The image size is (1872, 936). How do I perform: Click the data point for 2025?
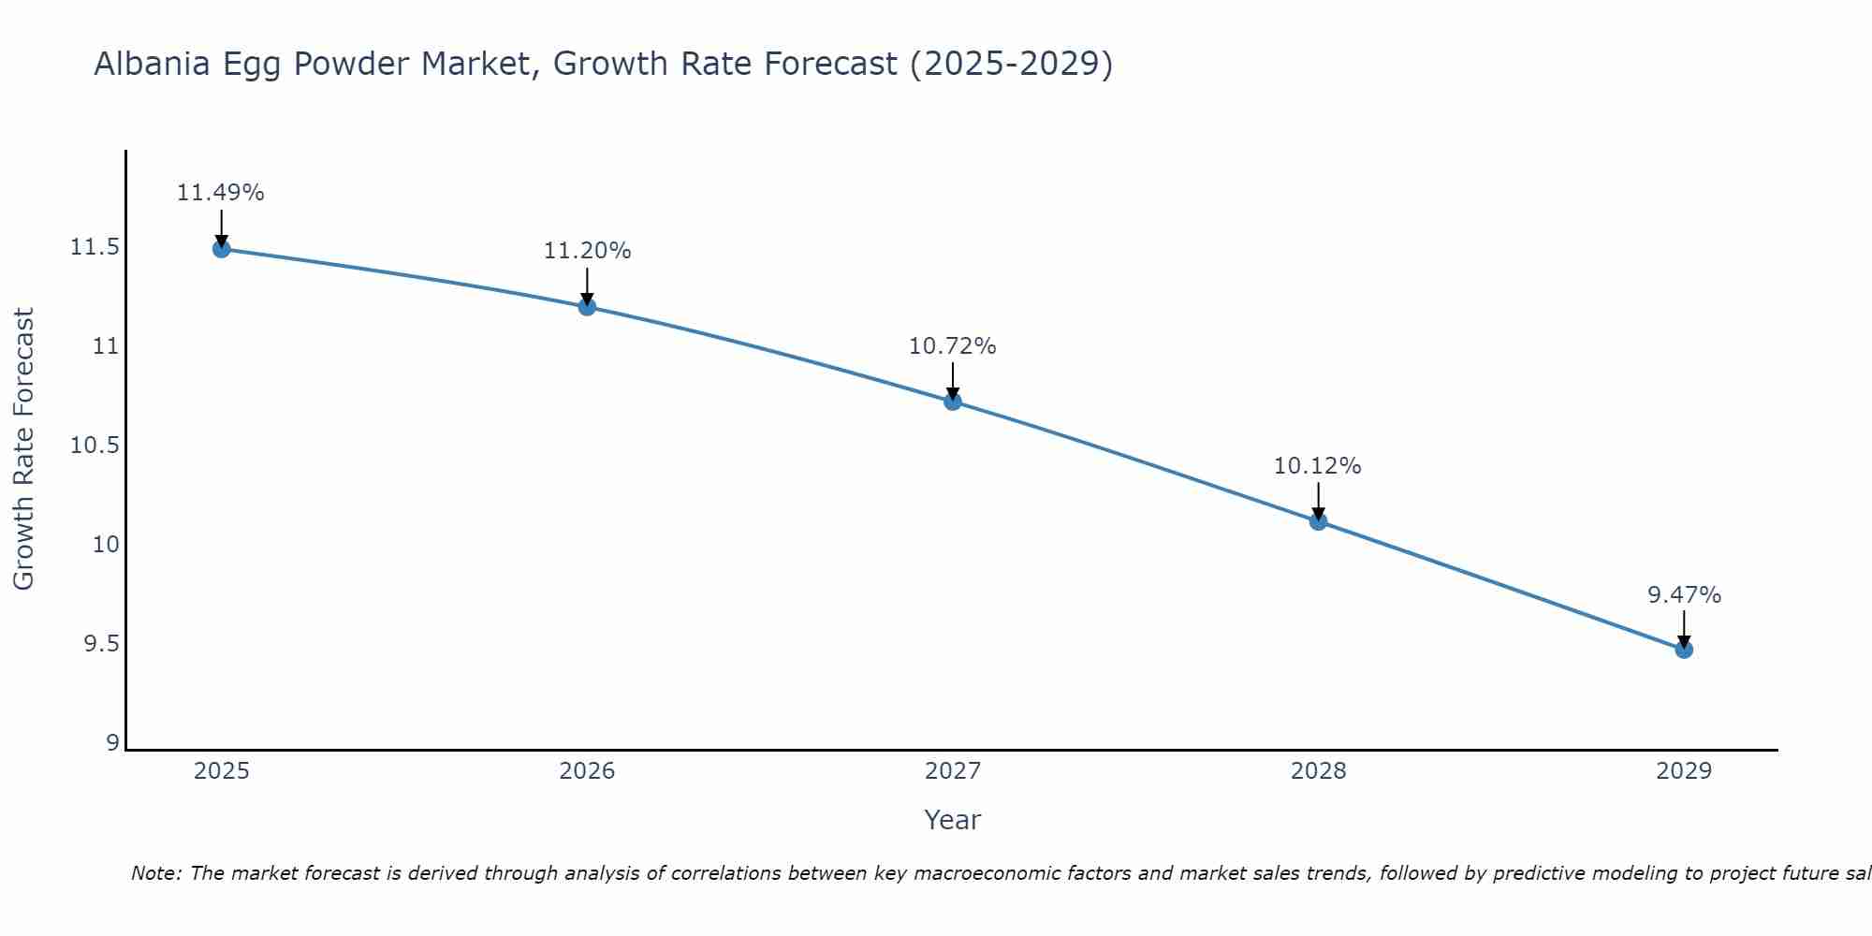click(222, 249)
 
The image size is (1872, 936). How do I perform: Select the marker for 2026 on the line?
click(587, 306)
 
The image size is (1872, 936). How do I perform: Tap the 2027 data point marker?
click(953, 402)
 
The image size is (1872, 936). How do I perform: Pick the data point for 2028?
click(1318, 521)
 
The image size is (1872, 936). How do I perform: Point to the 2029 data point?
click(1684, 650)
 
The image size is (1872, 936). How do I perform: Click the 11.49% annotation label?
click(221, 193)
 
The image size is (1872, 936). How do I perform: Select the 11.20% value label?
click(587, 251)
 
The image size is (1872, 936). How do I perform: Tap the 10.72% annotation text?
click(953, 346)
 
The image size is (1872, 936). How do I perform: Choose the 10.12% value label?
click(1318, 466)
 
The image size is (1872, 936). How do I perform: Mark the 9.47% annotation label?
click(1684, 595)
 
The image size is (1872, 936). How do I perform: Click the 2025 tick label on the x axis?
click(222, 771)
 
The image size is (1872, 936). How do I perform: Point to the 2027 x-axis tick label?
click(953, 771)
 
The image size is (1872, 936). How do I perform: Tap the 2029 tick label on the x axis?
click(1684, 771)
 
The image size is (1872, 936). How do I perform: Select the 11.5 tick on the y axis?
click(95, 248)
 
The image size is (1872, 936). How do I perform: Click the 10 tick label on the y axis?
click(106, 545)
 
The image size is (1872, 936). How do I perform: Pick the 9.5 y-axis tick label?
click(101, 644)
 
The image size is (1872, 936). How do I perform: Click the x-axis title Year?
click(953, 820)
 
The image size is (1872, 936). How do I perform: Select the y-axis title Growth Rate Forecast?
click(24, 449)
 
